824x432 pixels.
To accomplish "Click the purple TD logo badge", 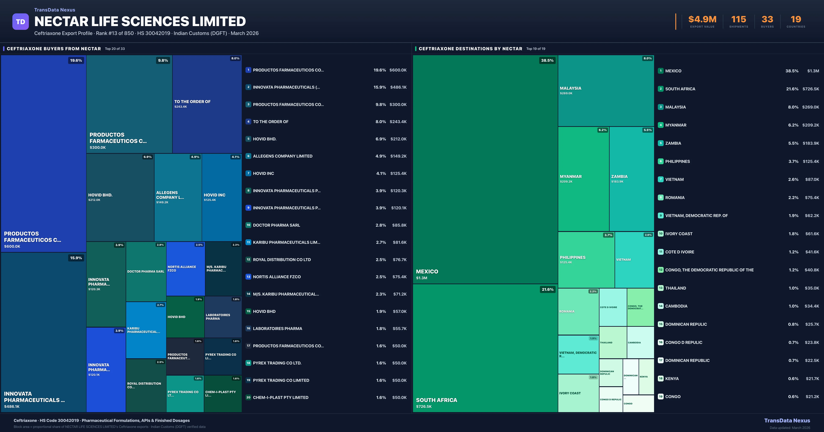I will [x=20, y=22].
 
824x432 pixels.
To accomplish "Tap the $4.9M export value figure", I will [x=702, y=20].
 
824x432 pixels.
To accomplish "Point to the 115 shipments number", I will [x=739, y=20].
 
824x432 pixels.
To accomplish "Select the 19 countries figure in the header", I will [x=796, y=20].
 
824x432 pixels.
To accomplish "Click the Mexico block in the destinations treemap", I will [x=485, y=169].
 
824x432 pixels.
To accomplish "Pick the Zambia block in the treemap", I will [x=631, y=179].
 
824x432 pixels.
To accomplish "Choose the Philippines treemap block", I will [x=586, y=259].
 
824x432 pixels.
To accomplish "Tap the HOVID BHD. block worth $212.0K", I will [x=120, y=197].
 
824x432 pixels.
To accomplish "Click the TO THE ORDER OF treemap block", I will [x=207, y=104].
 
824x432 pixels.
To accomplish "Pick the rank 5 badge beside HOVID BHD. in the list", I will [x=248, y=139].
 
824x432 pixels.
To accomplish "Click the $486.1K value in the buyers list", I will [x=398, y=87].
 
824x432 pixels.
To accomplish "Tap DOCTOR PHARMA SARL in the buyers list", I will [x=276, y=225].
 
